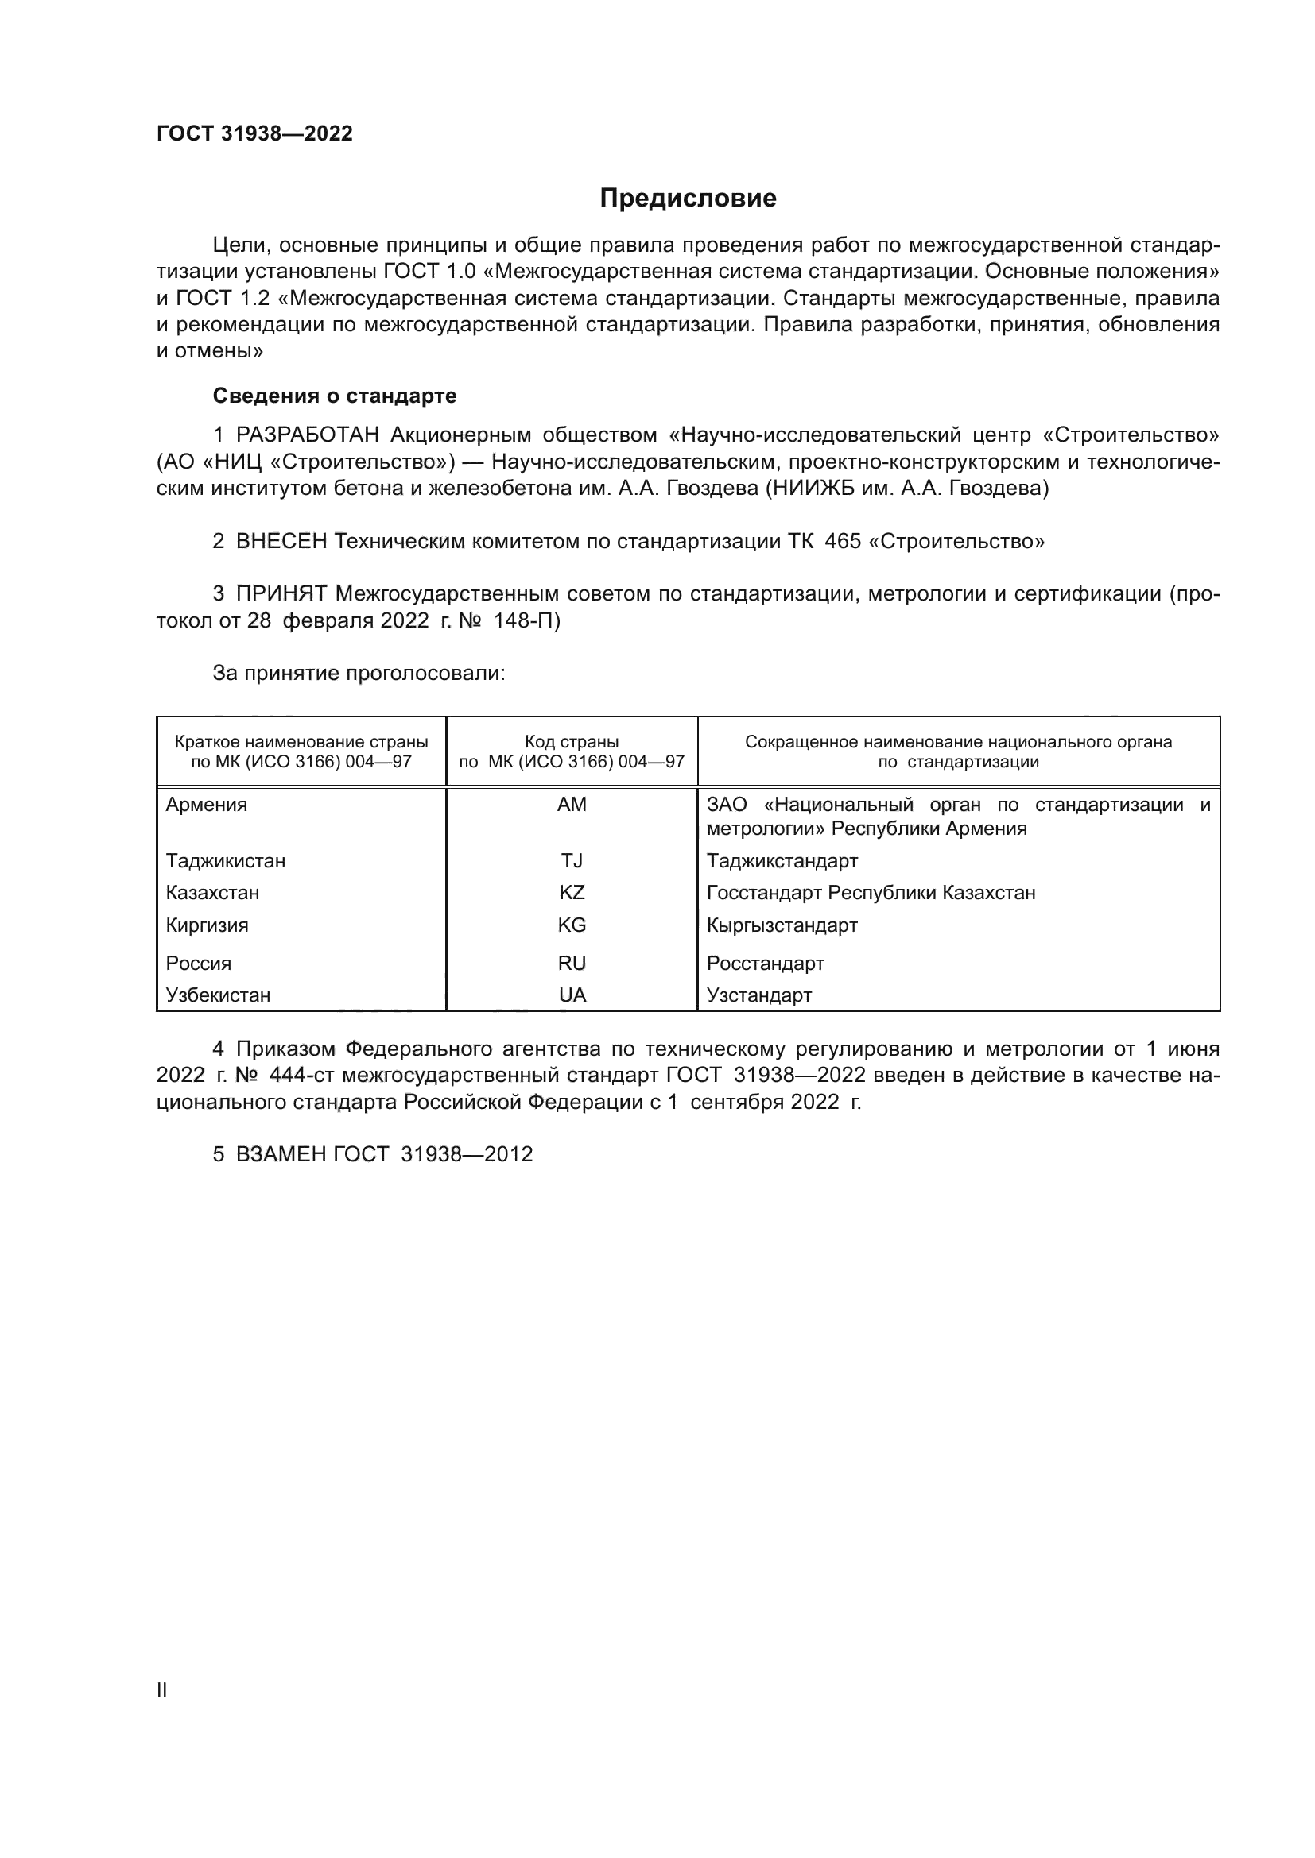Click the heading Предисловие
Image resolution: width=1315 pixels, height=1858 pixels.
[x=688, y=199]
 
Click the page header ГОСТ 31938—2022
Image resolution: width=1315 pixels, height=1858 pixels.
[x=254, y=133]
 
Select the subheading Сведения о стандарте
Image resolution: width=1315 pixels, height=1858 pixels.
[x=334, y=396]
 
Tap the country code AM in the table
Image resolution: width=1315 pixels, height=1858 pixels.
[x=572, y=805]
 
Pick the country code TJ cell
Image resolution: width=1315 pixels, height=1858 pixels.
[x=572, y=860]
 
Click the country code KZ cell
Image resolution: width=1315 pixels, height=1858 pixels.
[x=572, y=893]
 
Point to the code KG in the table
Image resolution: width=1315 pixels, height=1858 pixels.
[x=572, y=925]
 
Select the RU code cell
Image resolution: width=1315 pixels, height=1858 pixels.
[x=572, y=963]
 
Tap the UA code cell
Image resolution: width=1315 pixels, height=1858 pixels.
[x=572, y=995]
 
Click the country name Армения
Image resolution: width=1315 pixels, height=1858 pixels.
[x=207, y=805]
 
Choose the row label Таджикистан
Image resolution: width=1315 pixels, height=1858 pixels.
[x=225, y=860]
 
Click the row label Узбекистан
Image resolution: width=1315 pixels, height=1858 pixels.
[x=218, y=995]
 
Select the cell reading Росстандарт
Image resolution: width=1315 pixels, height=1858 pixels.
[x=765, y=963]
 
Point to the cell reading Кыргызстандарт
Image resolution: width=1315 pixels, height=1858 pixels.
[x=782, y=925]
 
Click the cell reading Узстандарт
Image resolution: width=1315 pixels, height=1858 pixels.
[x=758, y=995]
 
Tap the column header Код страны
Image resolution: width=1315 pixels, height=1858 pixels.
[x=572, y=742]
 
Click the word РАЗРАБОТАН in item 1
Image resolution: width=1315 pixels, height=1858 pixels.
[x=307, y=435]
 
